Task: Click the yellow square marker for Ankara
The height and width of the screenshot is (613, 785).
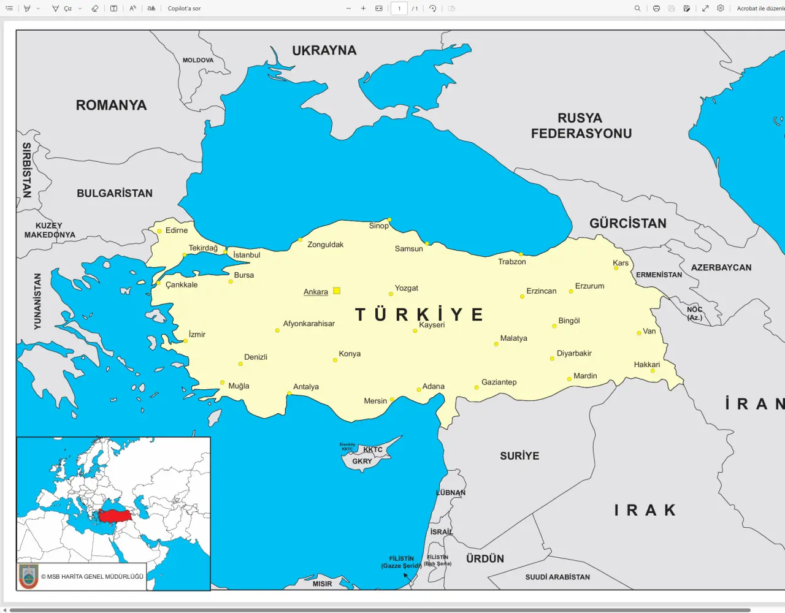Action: point(337,291)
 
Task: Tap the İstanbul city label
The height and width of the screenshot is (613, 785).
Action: point(247,255)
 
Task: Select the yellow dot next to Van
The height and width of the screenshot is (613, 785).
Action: point(639,333)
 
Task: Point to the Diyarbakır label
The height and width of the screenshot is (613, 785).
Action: point(574,353)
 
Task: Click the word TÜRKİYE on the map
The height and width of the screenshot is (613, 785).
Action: point(419,314)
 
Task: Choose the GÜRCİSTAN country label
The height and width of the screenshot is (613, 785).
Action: point(627,224)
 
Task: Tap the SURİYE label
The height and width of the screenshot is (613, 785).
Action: point(519,456)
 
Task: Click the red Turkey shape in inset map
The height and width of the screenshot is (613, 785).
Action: point(115,516)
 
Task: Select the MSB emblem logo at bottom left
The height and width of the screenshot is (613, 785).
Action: point(28,576)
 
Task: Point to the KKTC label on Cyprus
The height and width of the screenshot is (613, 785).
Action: point(373,449)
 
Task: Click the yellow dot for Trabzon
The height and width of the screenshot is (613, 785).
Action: point(521,254)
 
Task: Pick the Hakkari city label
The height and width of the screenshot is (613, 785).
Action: point(647,365)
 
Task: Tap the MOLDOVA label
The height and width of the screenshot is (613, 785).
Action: point(198,60)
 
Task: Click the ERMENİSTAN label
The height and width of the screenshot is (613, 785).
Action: point(659,275)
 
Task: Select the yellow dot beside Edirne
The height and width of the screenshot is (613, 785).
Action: point(159,231)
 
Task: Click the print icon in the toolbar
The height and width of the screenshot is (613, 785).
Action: point(656,9)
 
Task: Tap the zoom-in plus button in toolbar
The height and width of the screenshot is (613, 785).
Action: point(363,9)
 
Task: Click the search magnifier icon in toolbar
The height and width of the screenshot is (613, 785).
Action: point(637,9)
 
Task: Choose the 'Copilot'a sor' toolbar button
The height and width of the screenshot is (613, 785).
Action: point(184,9)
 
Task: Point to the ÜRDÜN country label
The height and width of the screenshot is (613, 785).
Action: point(484,559)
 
